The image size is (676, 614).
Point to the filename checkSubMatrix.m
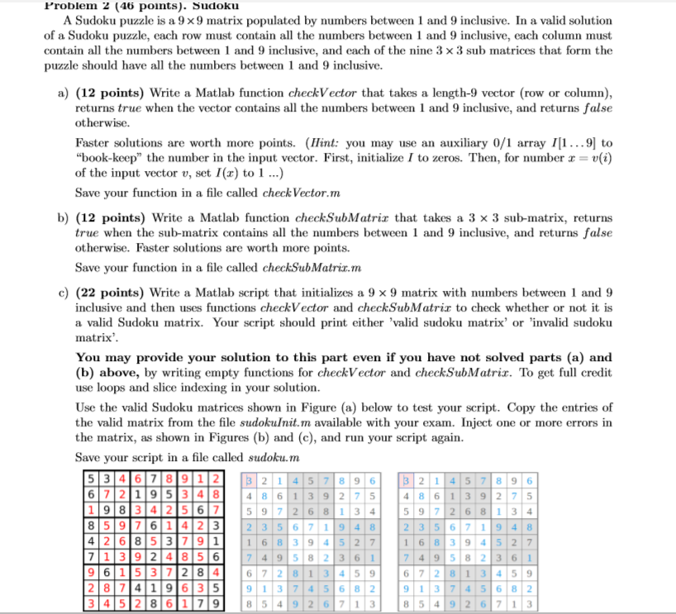click(312, 268)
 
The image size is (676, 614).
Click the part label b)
click(63, 218)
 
